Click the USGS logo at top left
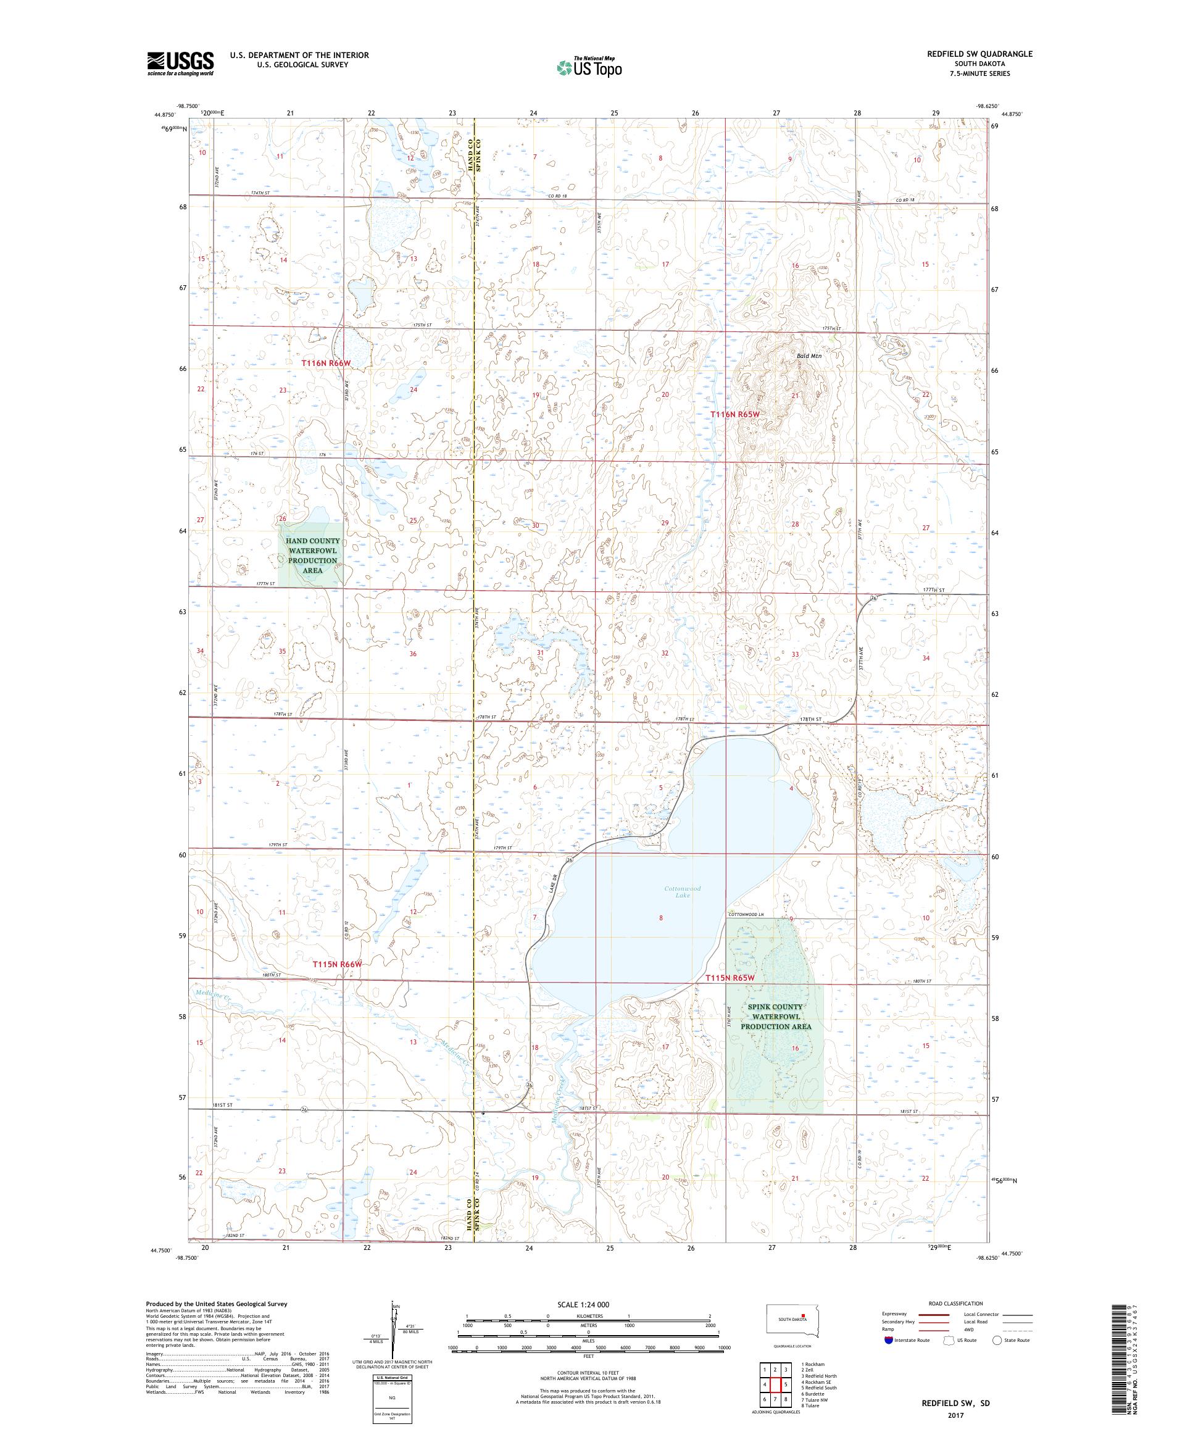[180, 64]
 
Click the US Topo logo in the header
[590, 67]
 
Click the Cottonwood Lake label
[682, 891]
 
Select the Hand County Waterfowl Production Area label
[312, 555]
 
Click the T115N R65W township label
[730, 978]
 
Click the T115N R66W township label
[336, 964]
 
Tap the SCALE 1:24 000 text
[588, 1304]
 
